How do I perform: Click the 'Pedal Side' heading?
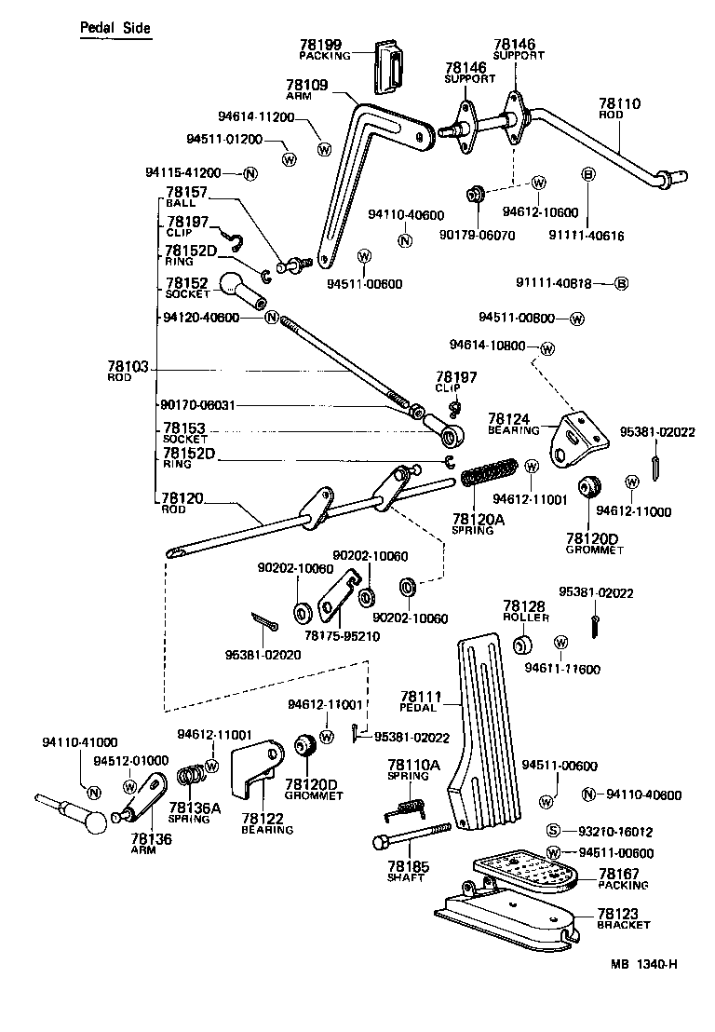(113, 28)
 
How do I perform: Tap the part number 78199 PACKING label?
(324, 49)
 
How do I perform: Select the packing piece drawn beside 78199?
(390, 67)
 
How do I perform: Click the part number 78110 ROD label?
(619, 108)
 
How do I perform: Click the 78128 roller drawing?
(523, 645)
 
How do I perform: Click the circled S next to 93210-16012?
(551, 831)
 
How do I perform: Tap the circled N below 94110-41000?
(93, 792)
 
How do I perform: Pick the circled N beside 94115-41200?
(250, 174)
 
